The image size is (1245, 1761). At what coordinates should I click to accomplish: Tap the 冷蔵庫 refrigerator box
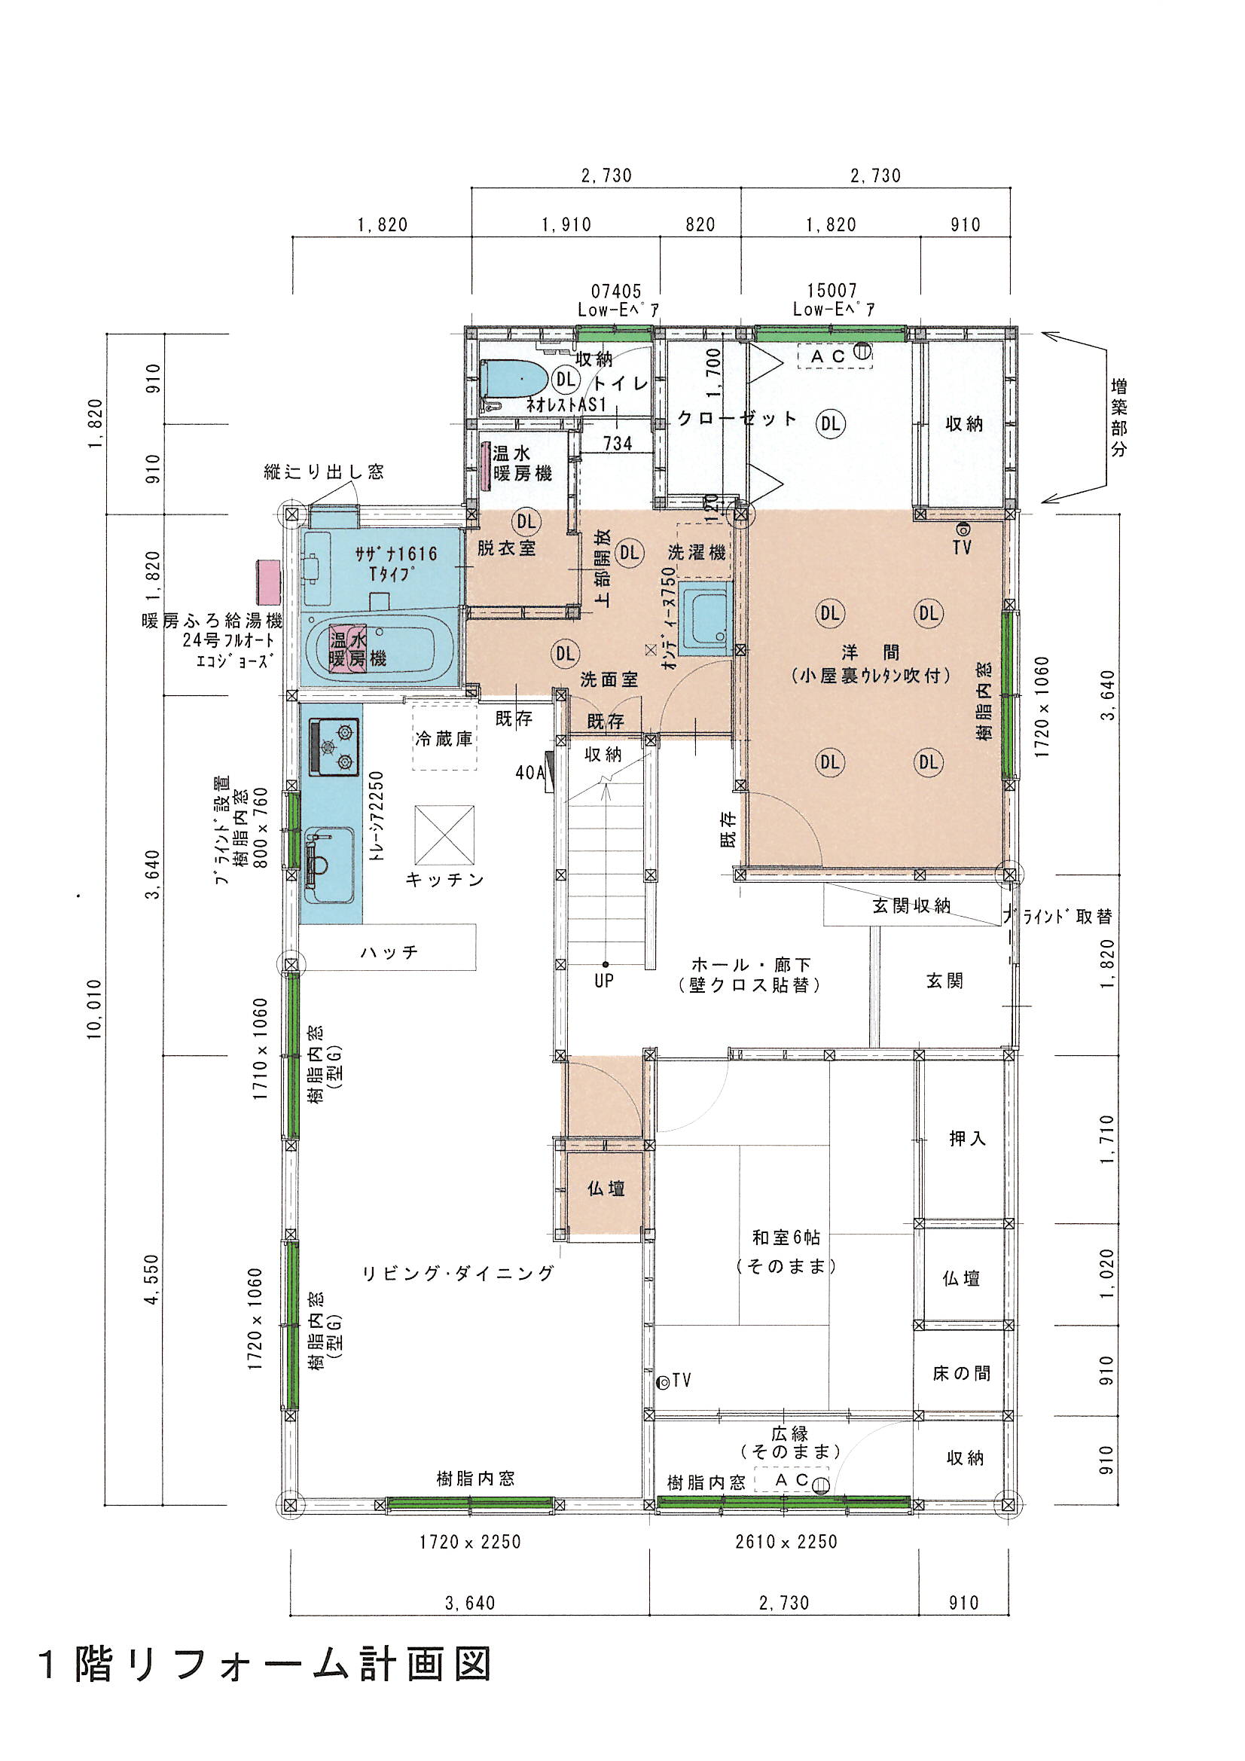(x=444, y=736)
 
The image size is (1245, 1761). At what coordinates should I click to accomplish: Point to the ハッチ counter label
(x=389, y=952)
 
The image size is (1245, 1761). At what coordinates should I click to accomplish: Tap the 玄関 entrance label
(x=944, y=980)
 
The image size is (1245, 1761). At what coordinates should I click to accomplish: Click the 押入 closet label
(x=967, y=1139)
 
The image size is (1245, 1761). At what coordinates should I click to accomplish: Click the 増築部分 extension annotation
(x=1119, y=417)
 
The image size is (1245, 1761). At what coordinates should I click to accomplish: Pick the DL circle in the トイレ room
(x=566, y=378)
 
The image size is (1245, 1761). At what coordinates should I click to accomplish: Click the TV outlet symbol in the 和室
(x=664, y=1381)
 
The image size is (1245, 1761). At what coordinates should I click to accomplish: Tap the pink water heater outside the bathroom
(x=270, y=582)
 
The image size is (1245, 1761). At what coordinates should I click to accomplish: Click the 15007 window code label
(x=832, y=291)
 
